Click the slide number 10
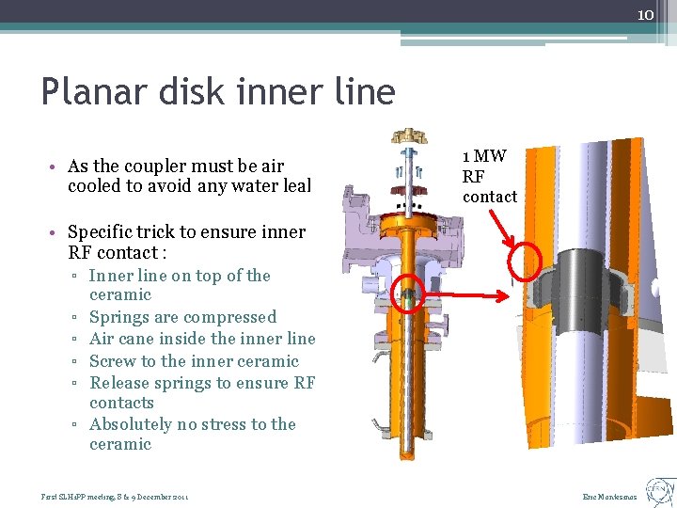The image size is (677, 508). [x=645, y=15]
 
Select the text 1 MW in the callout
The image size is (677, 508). [x=484, y=156]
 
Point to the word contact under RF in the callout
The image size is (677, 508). [x=490, y=197]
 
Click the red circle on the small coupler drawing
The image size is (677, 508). [x=407, y=295]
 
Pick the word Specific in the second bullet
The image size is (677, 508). [x=103, y=231]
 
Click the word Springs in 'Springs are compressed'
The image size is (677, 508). [x=119, y=317]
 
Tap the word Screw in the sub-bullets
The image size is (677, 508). [x=112, y=361]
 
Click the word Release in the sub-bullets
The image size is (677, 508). [x=121, y=383]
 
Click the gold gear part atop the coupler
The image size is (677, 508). [x=411, y=135]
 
